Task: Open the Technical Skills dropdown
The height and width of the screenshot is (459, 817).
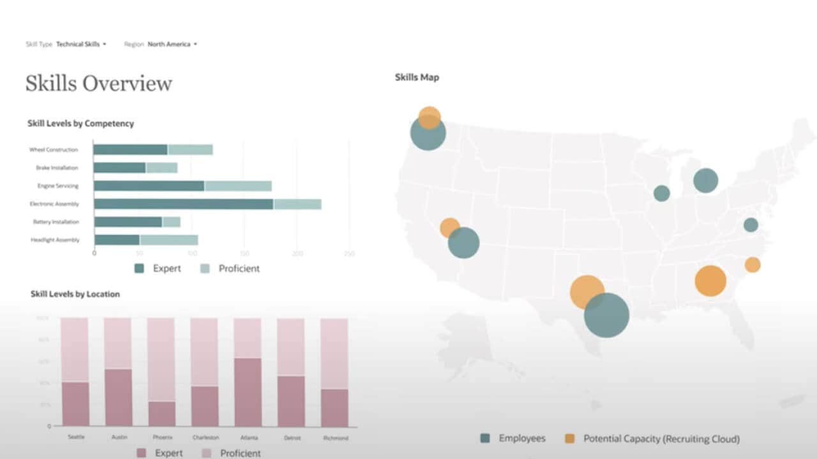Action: click(x=81, y=44)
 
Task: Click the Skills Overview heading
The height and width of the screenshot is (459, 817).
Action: click(x=99, y=84)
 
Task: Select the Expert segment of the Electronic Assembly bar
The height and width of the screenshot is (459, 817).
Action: click(x=183, y=204)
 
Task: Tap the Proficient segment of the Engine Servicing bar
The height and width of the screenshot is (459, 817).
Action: click(x=237, y=186)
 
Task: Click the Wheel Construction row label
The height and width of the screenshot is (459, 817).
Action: click(x=54, y=150)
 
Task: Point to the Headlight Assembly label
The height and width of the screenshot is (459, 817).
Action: click(x=55, y=240)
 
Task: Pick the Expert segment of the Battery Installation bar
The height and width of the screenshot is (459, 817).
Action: click(x=128, y=222)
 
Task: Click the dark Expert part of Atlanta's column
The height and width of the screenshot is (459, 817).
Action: click(x=247, y=391)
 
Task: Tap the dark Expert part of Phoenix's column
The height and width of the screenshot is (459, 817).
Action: click(x=161, y=413)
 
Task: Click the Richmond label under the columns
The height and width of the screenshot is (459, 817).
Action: click(x=334, y=438)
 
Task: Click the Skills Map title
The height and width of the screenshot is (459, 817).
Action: click(x=417, y=77)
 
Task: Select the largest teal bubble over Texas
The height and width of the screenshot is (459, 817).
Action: click(x=607, y=316)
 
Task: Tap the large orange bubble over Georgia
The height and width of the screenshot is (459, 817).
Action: click(x=710, y=280)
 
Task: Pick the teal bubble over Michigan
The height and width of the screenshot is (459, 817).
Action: click(x=705, y=180)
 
